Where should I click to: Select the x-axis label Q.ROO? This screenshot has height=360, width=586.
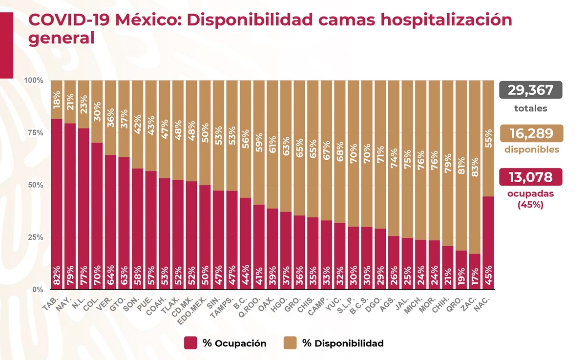[x=251, y=304]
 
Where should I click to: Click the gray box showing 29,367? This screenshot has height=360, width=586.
[x=530, y=90]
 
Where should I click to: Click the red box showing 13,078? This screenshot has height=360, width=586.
[x=530, y=177]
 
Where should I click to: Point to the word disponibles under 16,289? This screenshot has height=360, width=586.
[x=530, y=150]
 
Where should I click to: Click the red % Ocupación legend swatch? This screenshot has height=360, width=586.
[x=190, y=343]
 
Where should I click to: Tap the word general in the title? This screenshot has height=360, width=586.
[x=61, y=39]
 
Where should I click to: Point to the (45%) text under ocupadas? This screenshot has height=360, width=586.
[x=530, y=205]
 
